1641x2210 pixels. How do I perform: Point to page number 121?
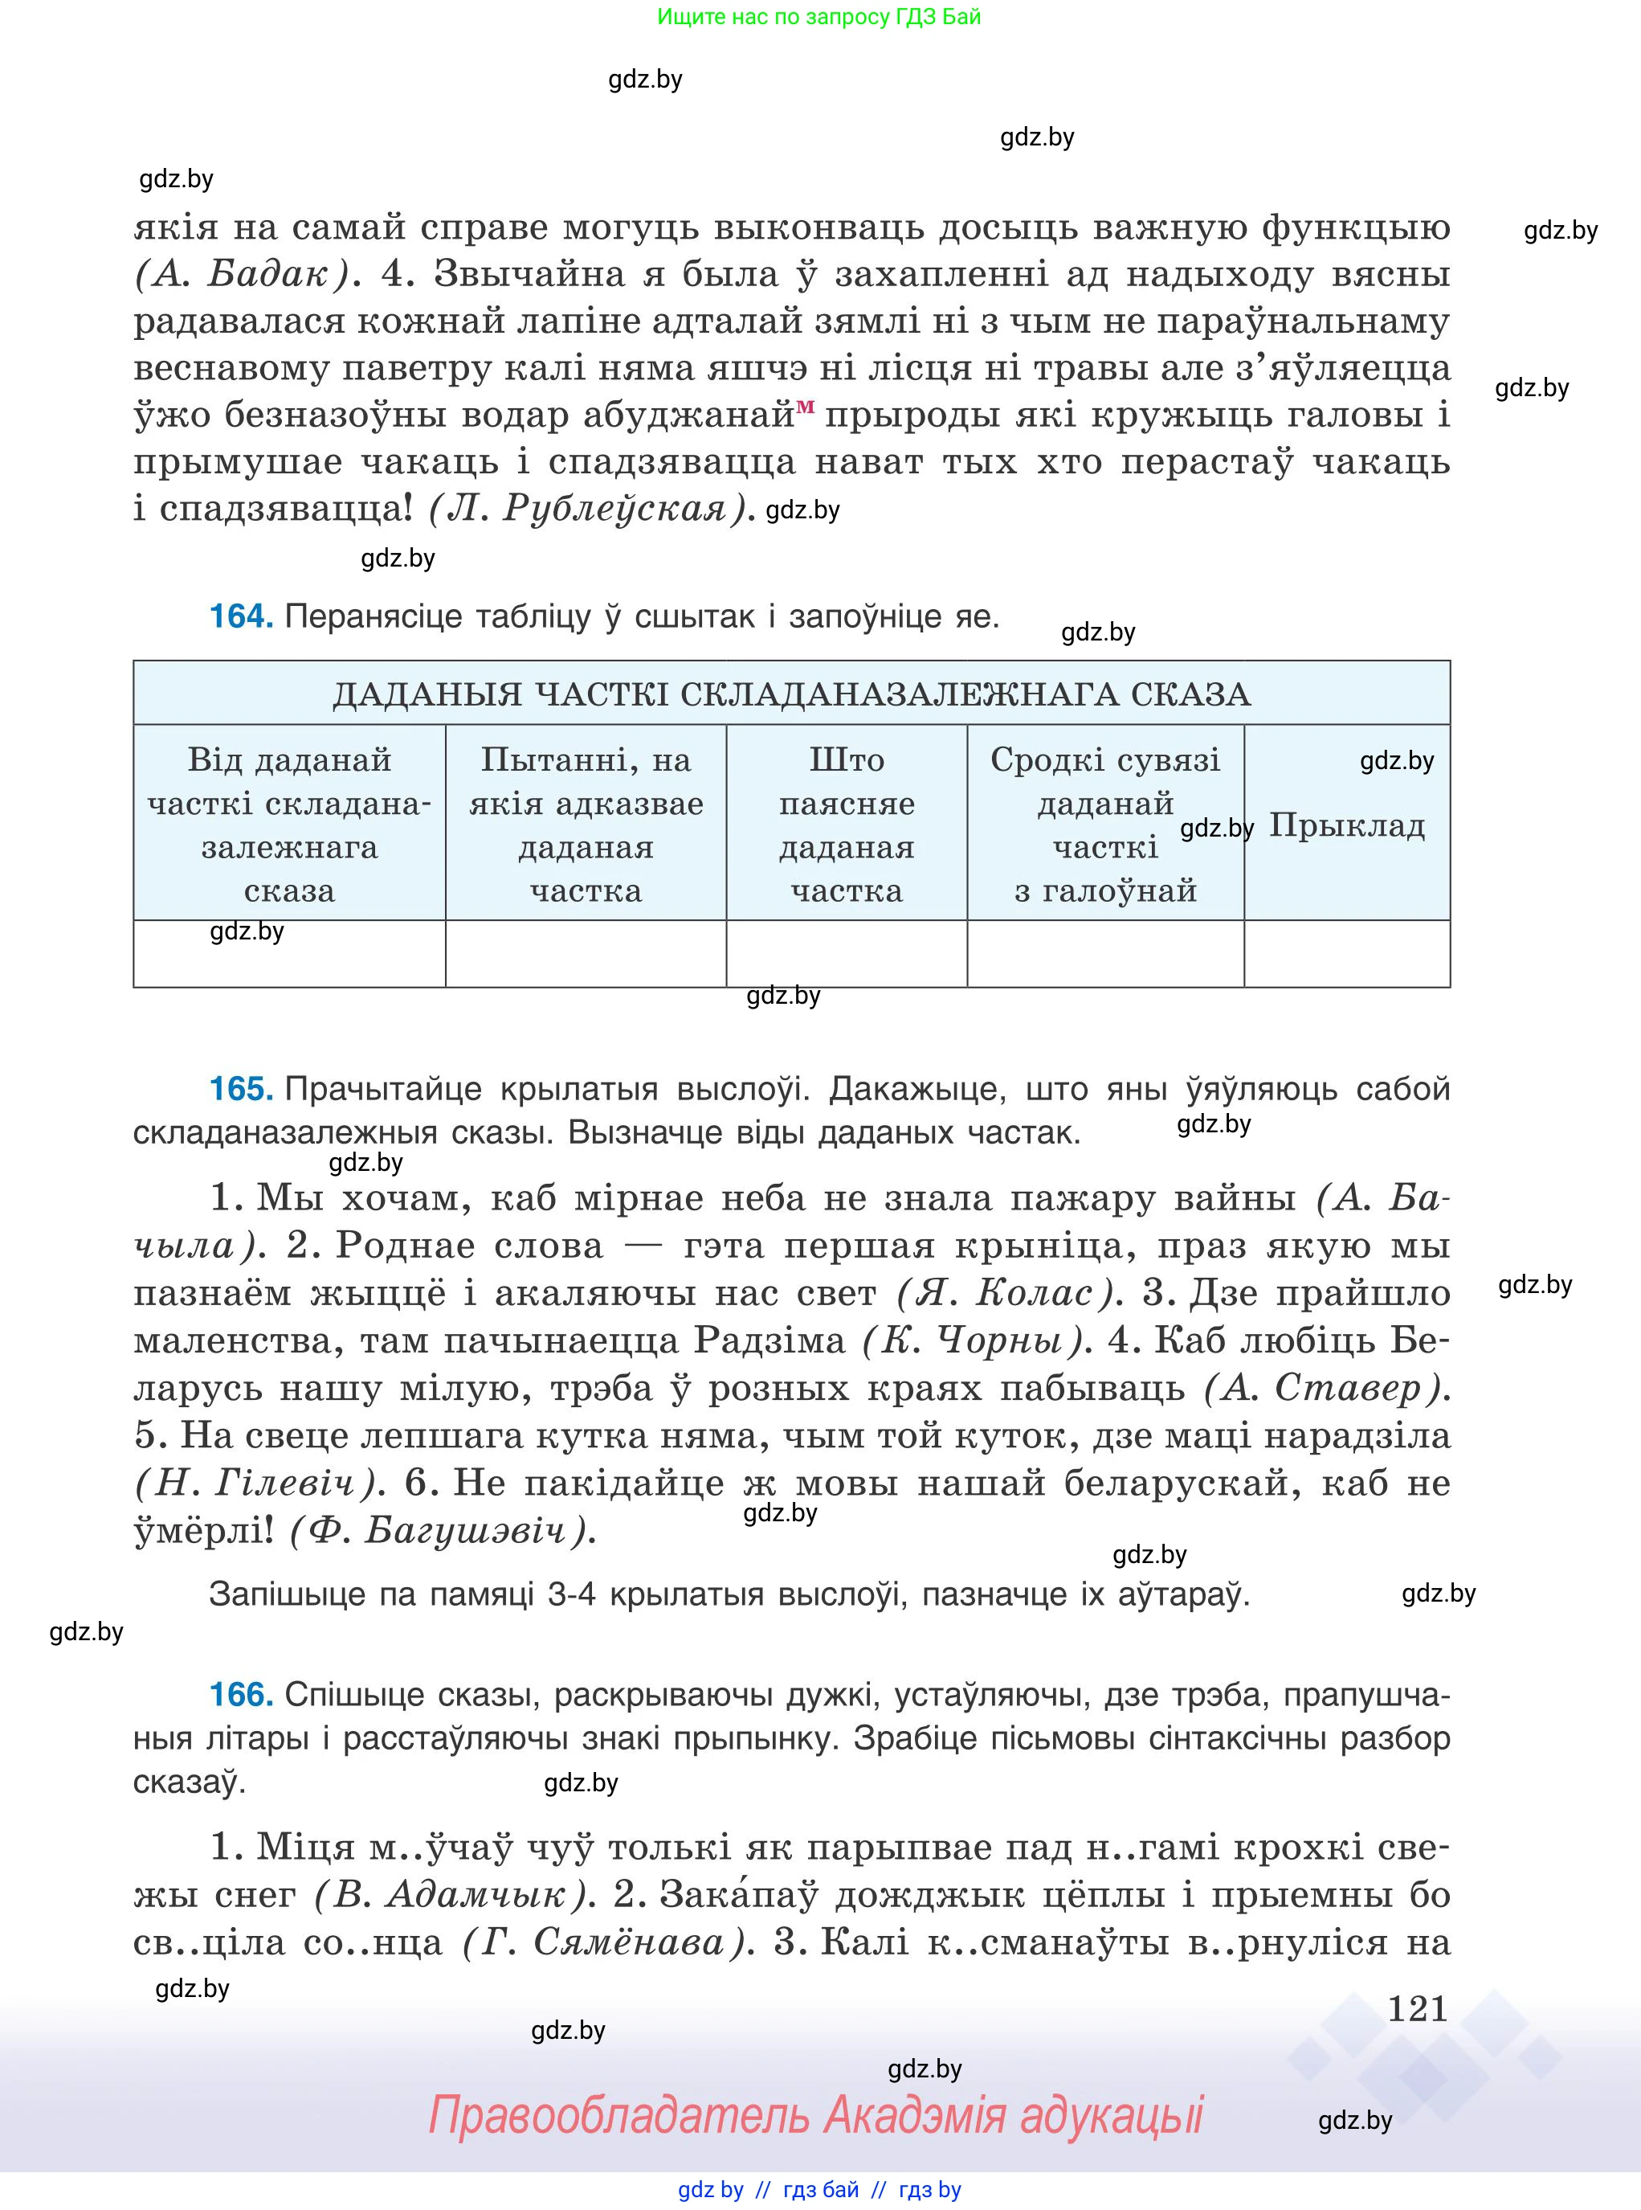click(1417, 2008)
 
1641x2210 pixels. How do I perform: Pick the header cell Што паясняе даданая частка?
click(847, 824)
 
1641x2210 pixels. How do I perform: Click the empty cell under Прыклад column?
click(1346, 954)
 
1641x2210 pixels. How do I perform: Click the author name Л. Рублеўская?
click(587, 509)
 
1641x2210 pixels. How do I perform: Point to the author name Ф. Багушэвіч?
click(443, 1530)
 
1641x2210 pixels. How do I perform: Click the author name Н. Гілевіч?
click(256, 1484)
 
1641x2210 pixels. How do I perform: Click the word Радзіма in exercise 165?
click(769, 1340)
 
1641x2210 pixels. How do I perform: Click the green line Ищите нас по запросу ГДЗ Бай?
click(818, 17)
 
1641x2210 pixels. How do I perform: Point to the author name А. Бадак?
click(243, 274)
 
